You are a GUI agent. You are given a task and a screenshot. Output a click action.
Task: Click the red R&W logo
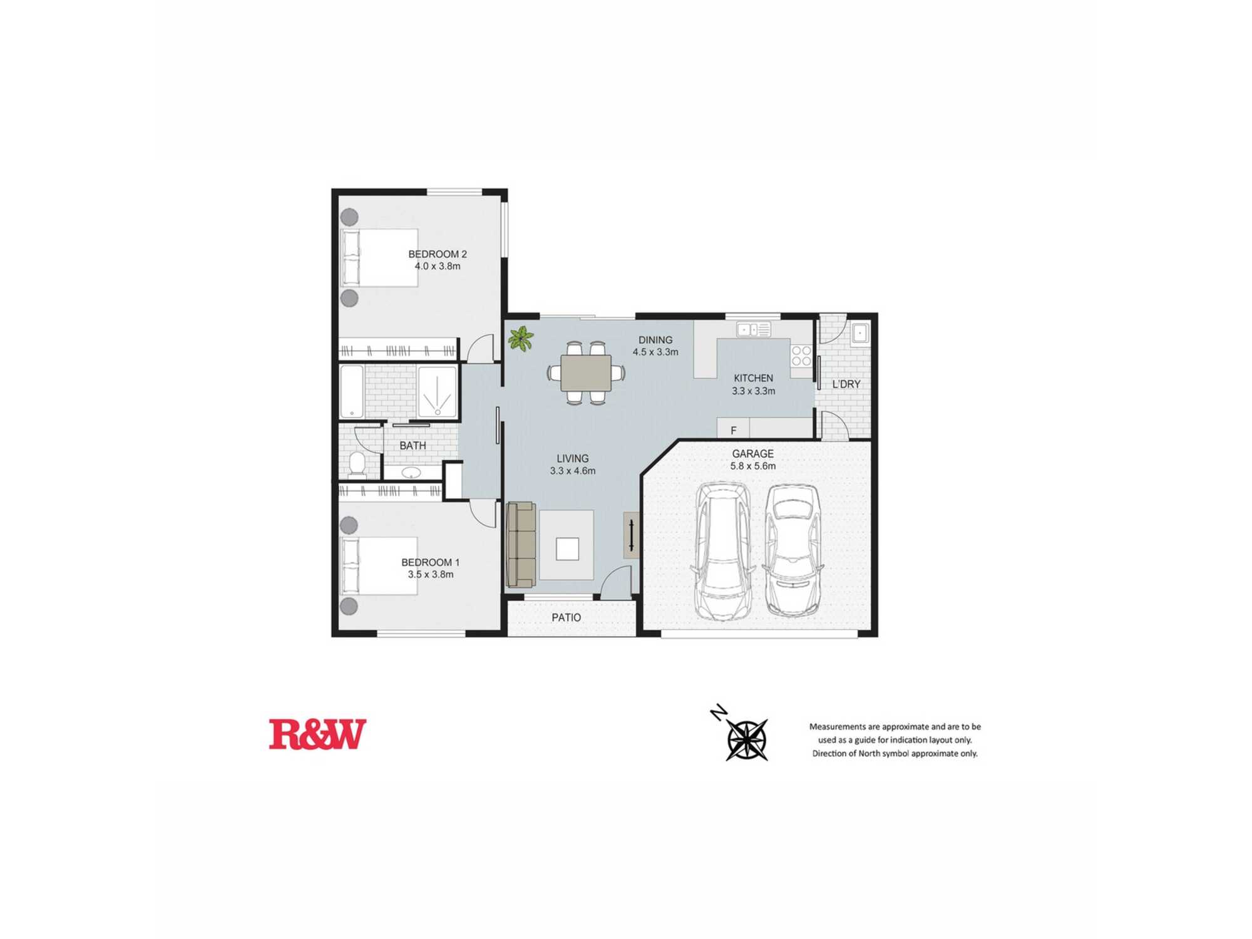[317, 734]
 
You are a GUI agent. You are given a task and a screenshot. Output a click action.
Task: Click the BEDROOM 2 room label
[438, 254]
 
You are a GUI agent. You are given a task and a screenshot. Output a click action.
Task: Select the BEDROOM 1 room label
[431, 562]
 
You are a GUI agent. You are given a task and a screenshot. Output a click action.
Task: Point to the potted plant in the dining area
[521, 338]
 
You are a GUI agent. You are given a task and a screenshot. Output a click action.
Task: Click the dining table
[586, 373]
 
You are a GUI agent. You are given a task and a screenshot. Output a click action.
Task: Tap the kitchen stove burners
[801, 356]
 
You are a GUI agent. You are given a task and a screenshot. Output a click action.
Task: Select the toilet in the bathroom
[357, 464]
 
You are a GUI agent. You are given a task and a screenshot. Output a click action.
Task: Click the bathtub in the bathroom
[352, 392]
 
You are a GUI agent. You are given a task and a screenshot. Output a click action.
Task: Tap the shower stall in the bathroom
[438, 392]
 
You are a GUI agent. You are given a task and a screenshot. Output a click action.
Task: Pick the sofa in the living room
[521, 545]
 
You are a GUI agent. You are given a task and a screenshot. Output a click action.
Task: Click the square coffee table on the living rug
[567, 549]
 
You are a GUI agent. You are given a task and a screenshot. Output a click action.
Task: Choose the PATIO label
[567, 618]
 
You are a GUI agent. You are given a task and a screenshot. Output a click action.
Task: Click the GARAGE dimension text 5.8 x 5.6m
[753, 466]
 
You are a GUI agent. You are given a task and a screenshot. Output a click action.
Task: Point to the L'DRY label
[846, 384]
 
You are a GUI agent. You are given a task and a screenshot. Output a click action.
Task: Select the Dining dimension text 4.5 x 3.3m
[655, 352]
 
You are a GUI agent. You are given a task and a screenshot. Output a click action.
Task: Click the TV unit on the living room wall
[632, 535]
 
